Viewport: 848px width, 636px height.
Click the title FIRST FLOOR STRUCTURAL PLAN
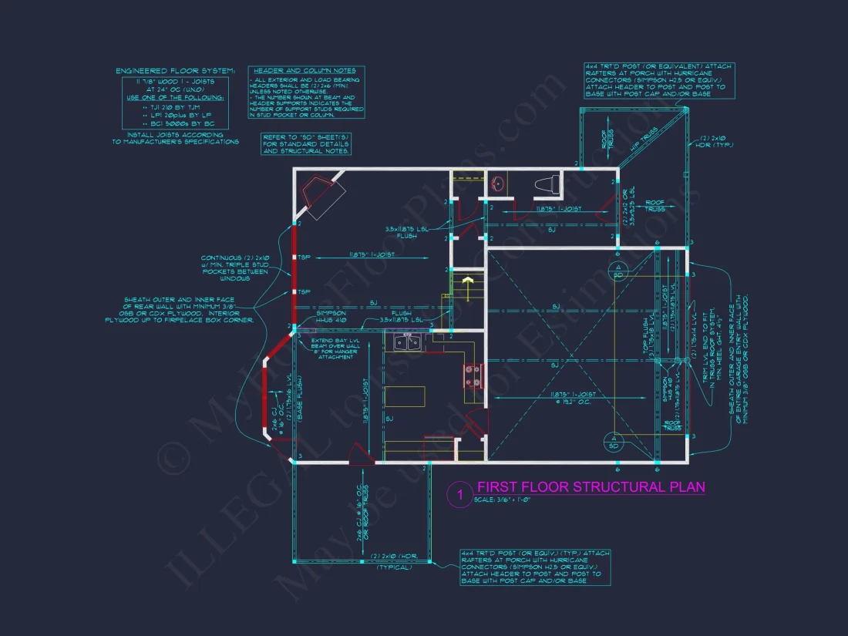click(591, 487)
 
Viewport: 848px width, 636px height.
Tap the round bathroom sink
click(498, 184)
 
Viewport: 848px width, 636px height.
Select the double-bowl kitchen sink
click(407, 343)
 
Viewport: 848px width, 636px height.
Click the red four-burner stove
click(472, 375)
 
